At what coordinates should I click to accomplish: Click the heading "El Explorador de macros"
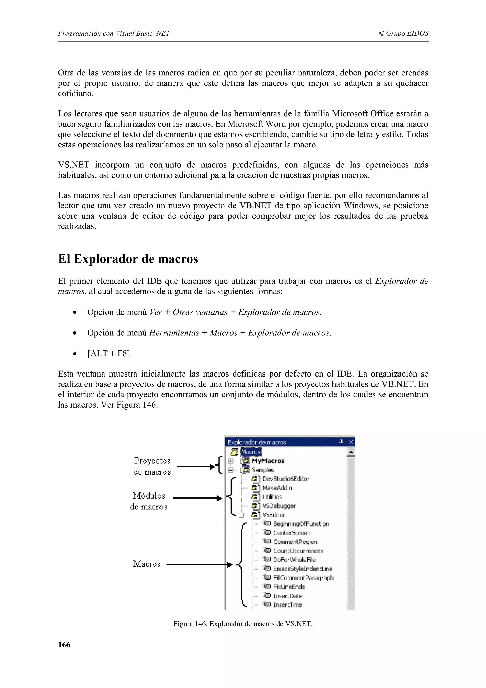coord(128,259)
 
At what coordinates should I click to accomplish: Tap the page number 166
coord(64,645)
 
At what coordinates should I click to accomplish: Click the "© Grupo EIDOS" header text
coord(403,33)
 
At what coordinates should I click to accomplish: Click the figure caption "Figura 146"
coord(243,624)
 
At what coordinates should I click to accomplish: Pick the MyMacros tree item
coord(268,461)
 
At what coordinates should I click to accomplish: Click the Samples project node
coord(263,470)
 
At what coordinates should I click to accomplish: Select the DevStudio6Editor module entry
coord(285,479)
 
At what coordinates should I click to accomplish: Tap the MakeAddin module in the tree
coord(277,488)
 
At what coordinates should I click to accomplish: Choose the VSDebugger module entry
coord(279,506)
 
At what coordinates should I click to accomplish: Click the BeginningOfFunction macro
coord(301,524)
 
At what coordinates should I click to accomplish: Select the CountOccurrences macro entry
coord(298,551)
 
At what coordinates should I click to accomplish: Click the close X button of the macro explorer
coord(351,442)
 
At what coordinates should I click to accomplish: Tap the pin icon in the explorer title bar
coord(341,442)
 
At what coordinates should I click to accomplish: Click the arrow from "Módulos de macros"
coord(198,498)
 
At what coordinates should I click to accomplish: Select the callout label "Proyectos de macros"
coord(152,466)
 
